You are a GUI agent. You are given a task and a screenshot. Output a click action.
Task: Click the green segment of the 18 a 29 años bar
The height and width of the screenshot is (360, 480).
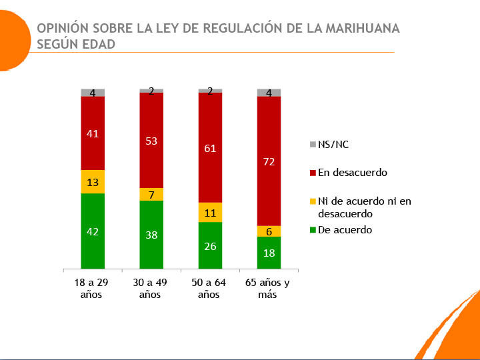click(x=93, y=231)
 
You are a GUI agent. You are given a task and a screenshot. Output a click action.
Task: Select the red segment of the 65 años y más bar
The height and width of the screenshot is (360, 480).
click(x=269, y=161)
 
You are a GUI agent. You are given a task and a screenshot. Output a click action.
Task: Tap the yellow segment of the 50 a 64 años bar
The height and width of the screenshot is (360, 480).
click(x=210, y=212)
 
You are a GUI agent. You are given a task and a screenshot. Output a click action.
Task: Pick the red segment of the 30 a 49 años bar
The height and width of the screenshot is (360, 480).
click(x=151, y=140)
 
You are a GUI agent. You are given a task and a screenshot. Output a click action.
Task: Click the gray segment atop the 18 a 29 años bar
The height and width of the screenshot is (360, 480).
click(x=93, y=93)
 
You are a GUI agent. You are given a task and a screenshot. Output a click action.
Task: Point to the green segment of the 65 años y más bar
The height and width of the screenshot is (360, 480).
click(x=269, y=253)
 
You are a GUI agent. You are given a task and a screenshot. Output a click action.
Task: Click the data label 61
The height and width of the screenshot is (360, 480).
click(x=210, y=148)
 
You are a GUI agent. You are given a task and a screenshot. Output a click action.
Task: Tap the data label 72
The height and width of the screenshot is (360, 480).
click(x=269, y=161)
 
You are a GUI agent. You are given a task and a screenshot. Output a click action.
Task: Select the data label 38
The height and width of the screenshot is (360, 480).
click(x=151, y=235)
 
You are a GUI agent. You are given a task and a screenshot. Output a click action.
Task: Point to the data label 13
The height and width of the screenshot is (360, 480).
click(x=93, y=182)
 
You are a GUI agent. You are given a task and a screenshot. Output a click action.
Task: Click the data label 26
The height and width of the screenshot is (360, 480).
click(x=210, y=245)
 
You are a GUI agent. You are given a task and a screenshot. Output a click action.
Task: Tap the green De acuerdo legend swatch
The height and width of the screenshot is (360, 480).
click(x=313, y=230)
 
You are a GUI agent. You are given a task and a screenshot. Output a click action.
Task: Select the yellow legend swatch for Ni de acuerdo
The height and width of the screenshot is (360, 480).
click(x=313, y=201)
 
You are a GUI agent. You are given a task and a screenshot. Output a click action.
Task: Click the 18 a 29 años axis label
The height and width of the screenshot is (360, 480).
click(x=93, y=288)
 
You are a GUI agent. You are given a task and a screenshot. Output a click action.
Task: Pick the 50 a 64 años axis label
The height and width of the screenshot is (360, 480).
click(x=210, y=288)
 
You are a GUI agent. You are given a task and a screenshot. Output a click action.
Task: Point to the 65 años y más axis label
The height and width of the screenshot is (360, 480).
click(x=269, y=288)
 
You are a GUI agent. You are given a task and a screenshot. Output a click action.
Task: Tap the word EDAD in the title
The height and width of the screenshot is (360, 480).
click(x=98, y=44)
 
